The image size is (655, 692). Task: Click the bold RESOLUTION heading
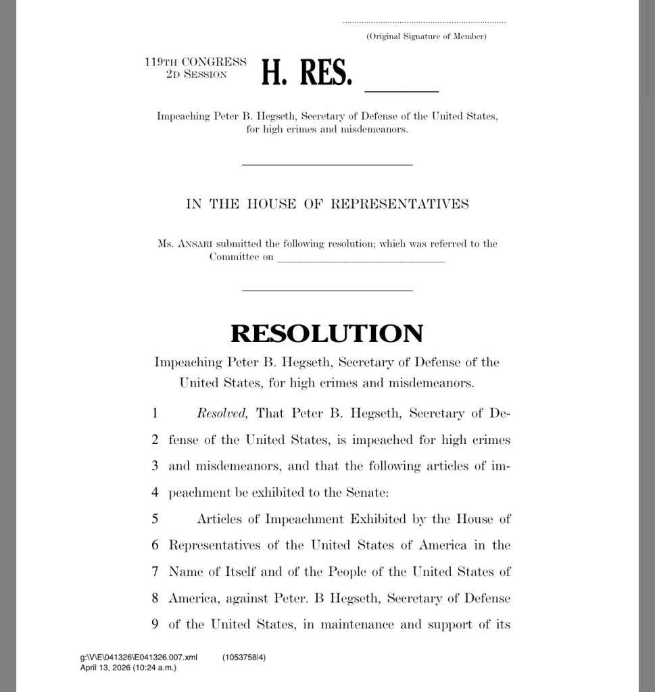pyautogui.click(x=327, y=334)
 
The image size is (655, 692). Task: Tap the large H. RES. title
pyautogui.click(x=306, y=73)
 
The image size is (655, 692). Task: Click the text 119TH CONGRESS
pyautogui.click(x=195, y=62)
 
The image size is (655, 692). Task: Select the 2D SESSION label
pyautogui.click(x=196, y=74)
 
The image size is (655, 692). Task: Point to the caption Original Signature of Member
pyautogui.click(x=426, y=36)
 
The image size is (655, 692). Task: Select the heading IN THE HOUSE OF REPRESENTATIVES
pyautogui.click(x=327, y=204)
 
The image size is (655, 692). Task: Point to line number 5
pyautogui.click(x=155, y=519)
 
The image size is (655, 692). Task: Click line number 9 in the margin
pyautogui.click(x=155, y=624)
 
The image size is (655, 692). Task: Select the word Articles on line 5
pyautogui.click(x=227, y=519)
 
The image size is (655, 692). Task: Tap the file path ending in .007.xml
pyautogui.click(x=139, y=657)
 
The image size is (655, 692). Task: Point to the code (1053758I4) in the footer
pyautogui.click(x=244, y=657)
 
